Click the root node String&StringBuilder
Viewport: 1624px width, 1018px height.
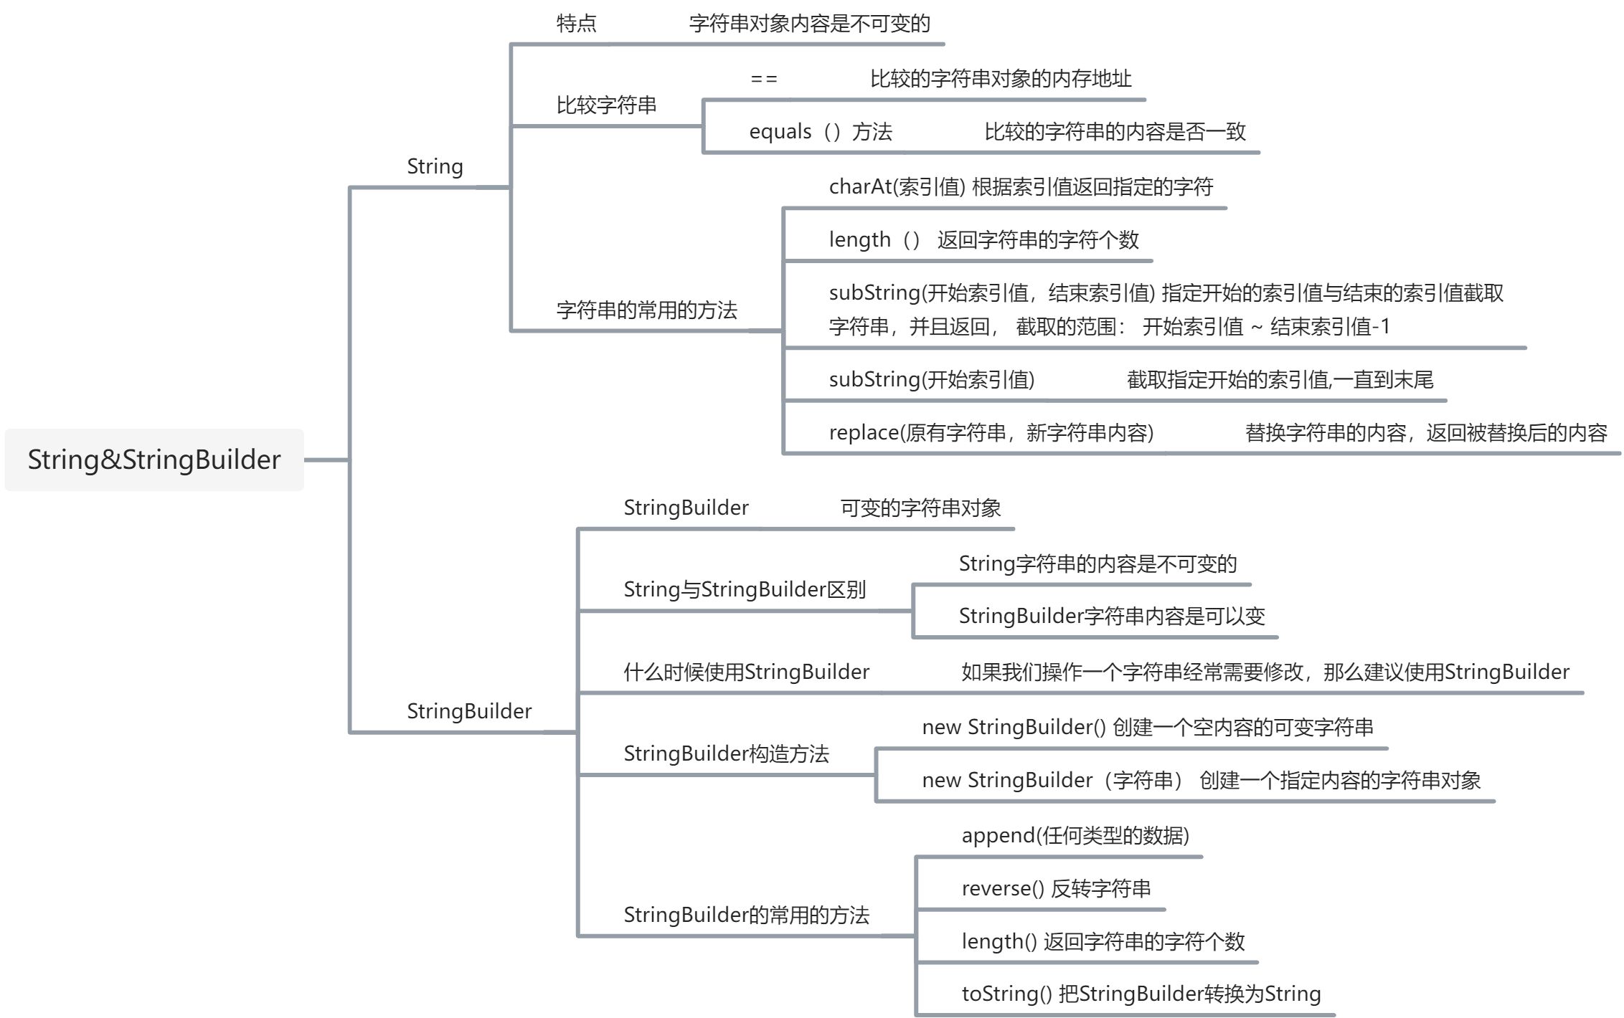(x=154, y=460)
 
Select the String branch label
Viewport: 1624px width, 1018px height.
(x=435, y=166)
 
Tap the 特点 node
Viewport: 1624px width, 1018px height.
(x=576, y=24)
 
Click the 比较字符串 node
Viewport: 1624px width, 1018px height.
(x=606, y=105)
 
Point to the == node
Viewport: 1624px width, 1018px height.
(x=763, y=79)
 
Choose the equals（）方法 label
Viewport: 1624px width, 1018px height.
(x=820, y=132)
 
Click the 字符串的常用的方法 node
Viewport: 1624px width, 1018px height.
(x=646, y=310)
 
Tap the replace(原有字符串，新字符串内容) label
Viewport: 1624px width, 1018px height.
(x=991, y=433)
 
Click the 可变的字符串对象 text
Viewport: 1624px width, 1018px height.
(x=920, y=508)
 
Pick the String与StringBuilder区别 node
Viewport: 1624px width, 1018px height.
(x=745, y=590)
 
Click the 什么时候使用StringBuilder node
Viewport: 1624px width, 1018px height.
(x=746, y=672)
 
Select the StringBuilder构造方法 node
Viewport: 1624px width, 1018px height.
(x=726, y=754)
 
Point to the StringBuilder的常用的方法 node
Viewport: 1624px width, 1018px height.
(x=746, y=915)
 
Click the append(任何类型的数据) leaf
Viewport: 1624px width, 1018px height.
(x=1075, y=836)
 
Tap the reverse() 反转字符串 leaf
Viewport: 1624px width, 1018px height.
(x=1056, y=889)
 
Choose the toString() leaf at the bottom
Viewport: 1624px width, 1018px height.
(x=1141, y=994)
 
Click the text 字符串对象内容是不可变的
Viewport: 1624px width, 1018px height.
(x=809, y=24)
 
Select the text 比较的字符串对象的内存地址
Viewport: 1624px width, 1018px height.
(x=1001, y=79)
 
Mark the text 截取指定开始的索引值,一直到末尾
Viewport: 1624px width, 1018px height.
(x=1280, y=380)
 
